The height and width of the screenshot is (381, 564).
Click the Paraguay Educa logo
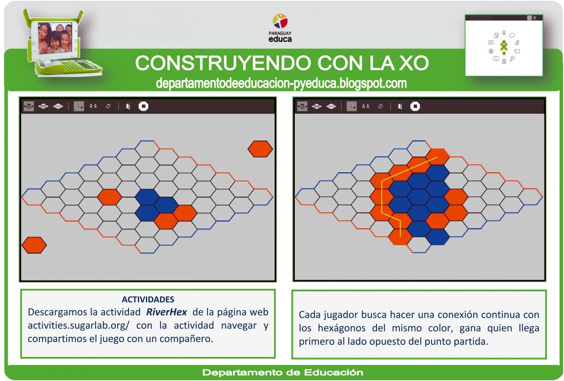pyautogui.click(x=280, y=28)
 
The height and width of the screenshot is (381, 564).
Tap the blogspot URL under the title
pyautogui.click(x=281, y=83)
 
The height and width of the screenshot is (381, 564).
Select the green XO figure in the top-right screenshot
pyautogui.click(x=504, y=46)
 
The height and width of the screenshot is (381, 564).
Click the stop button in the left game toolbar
pyautogui.click(x=143, y=106)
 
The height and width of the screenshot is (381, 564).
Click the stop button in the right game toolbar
pyautogui.click(x=415, y=106)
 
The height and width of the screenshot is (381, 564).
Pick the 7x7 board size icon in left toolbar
pyautogui.click(x=29, y=106)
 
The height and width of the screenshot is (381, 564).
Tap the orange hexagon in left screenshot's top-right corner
pyautogui.click(x=260, y=149)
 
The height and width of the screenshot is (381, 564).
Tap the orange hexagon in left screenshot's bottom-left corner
pyautogui.click(x=34, y=245)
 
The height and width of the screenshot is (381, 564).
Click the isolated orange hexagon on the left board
pyautogui.click(x=109, y=197)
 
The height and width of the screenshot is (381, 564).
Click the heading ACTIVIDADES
pyautogui.click(x=148, y=299)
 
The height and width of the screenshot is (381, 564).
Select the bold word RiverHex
pyautogui.click(x=166, y=312)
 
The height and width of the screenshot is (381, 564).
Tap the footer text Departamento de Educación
pyautogui.click(x=282, y=373)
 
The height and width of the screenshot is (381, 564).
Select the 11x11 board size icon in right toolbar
pyautogui.click(x=331, y=106)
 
